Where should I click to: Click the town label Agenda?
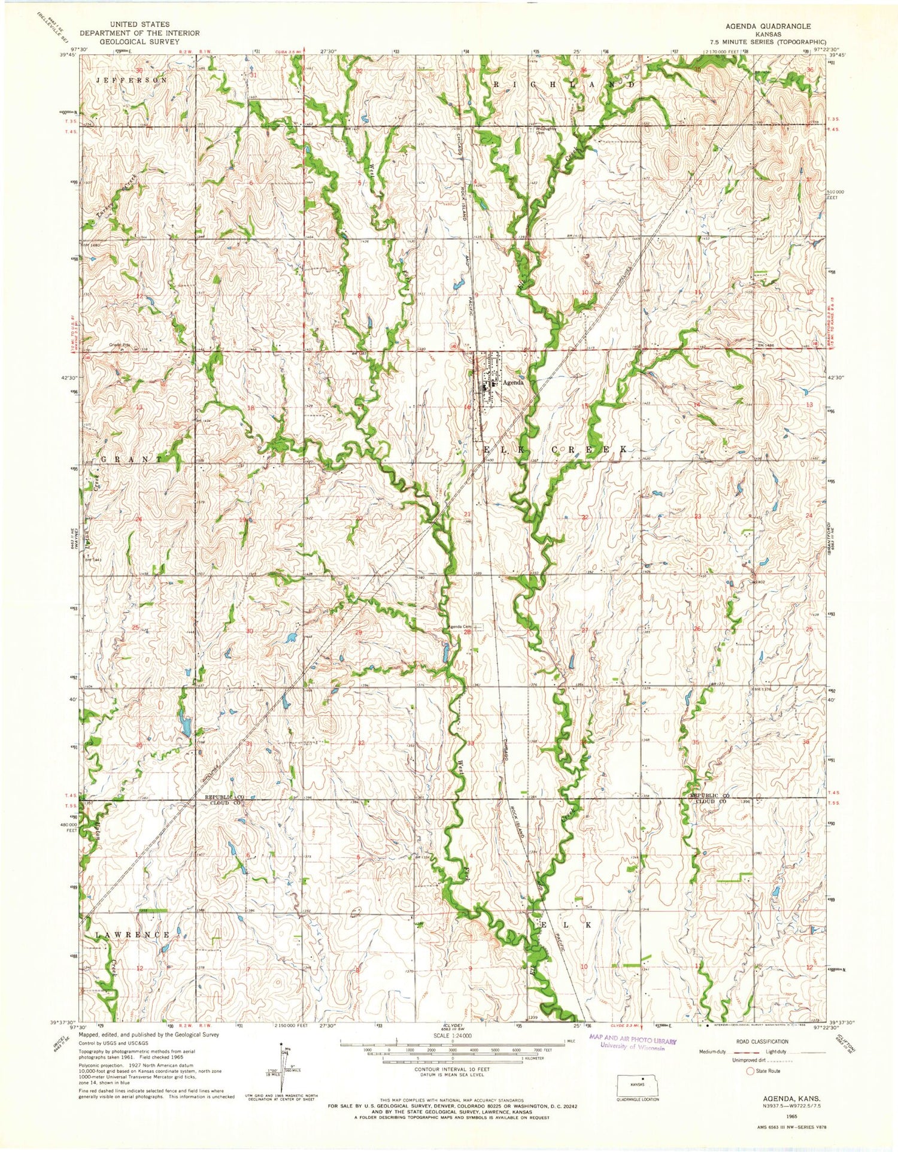coord(512,383)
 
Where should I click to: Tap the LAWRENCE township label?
coord(132,934)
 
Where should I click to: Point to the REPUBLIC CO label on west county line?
coord(224,798)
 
